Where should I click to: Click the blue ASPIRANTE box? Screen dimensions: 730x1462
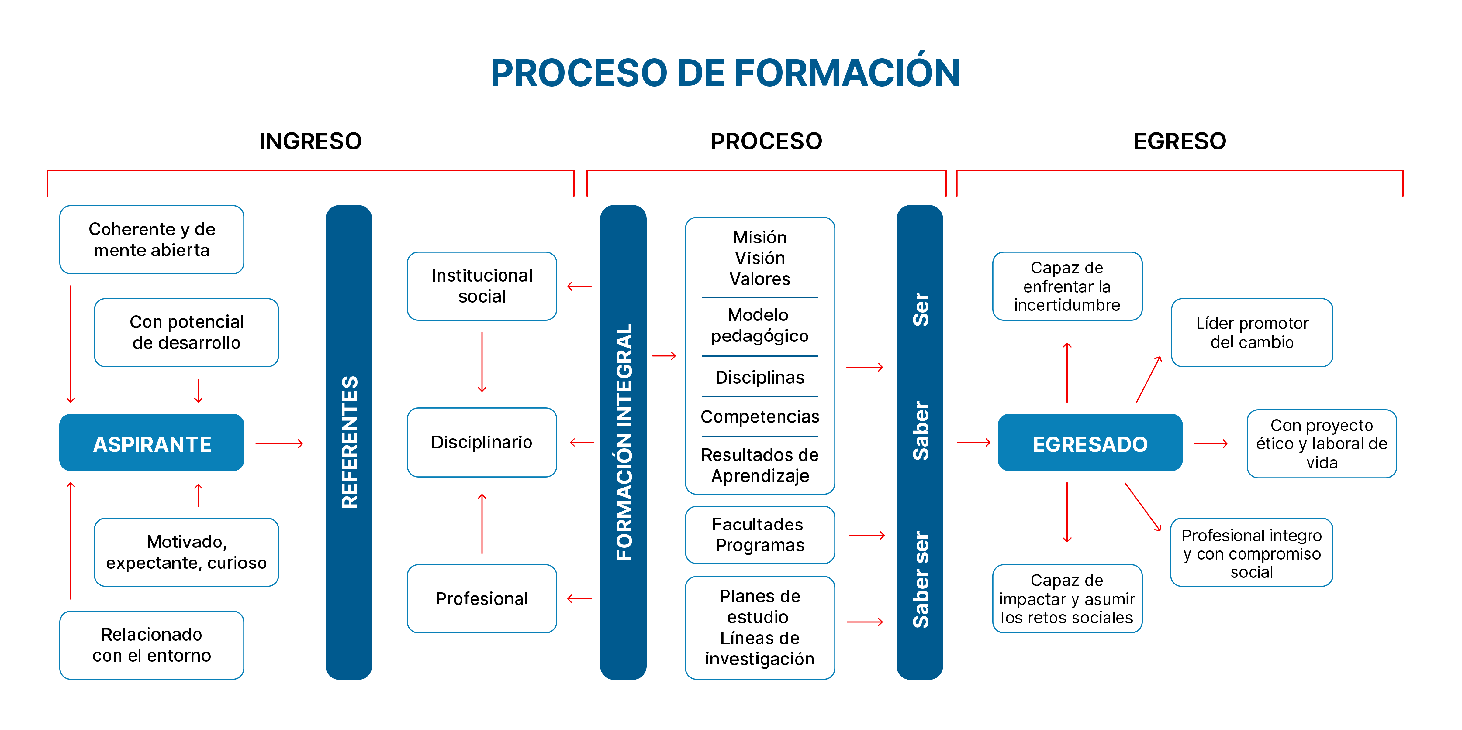point(151,443)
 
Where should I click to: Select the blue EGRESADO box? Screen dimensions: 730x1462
point(1090,443)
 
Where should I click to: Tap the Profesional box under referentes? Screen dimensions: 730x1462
point(482,598)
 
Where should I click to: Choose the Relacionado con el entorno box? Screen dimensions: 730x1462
point(151,645)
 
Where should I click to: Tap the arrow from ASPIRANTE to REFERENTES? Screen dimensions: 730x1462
point(279,444)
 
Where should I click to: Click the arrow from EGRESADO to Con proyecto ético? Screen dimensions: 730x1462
point(1211,444)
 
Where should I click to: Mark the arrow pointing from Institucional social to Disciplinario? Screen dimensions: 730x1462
point(482,362)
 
